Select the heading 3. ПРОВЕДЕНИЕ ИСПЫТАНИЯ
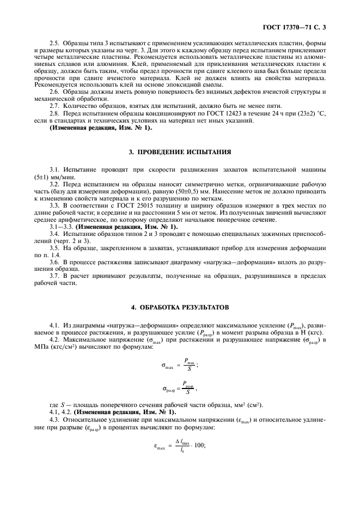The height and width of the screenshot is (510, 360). [x=179, y=152]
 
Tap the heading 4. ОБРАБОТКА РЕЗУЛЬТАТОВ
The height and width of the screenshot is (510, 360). [x=179, y=307]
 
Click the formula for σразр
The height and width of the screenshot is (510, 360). [x=179, y=389]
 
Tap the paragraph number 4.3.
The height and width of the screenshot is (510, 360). [x=54, y=420]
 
